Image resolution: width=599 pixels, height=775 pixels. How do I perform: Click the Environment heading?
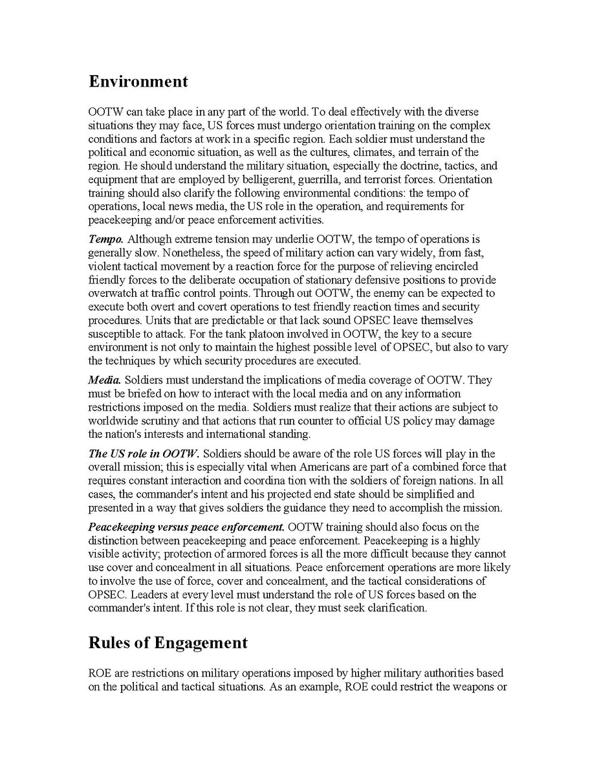click(138, 82)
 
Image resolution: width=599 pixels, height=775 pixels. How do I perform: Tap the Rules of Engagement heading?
click(168, 642)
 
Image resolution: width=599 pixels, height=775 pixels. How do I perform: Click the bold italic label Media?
click(104, 380)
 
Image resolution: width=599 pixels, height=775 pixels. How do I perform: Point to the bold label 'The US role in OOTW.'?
click(144, 453)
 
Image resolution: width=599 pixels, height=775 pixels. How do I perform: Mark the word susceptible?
click(114, 334)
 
